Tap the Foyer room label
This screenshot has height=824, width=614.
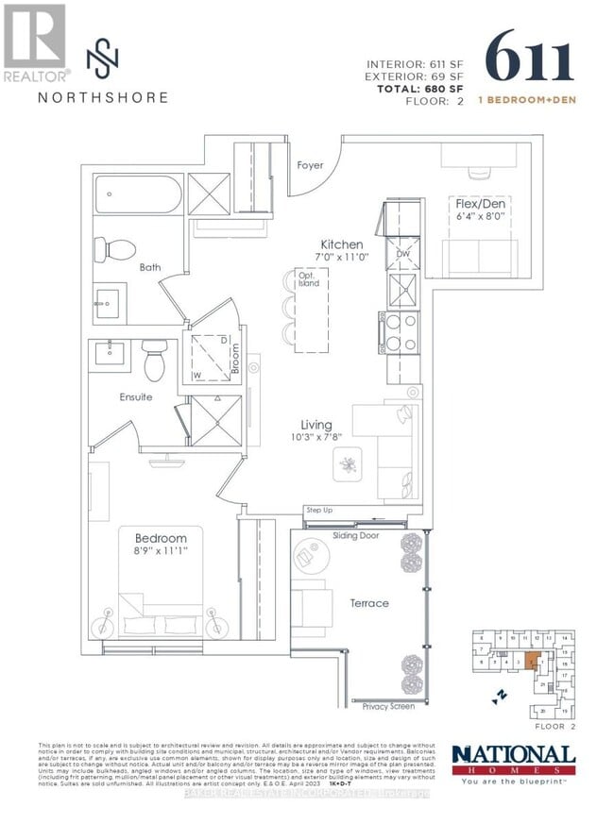(310, 165)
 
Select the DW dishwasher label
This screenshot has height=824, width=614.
(401, 254)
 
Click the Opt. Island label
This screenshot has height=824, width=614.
(309, 279)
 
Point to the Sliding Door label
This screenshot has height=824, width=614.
(356, 535)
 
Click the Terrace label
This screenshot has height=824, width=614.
(368, 603)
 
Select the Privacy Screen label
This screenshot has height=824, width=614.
(388, 706)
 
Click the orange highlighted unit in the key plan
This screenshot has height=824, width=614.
(534, 657)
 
